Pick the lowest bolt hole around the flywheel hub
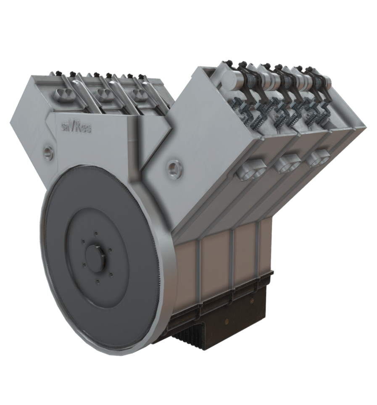(98, 281)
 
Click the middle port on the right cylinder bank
(289, 163)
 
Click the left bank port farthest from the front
(139, 92)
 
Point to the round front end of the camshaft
(227, 79)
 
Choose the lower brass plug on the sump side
(227, 321)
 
